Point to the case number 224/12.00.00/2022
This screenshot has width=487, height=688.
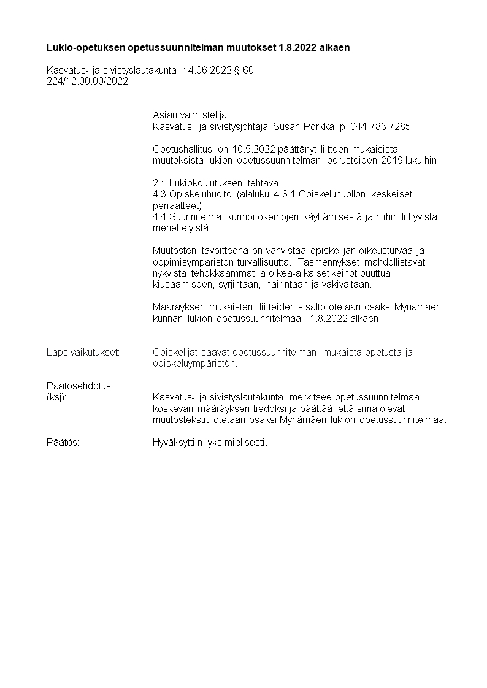87,82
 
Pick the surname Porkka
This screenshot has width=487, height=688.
316,126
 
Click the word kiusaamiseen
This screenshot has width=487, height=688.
180,285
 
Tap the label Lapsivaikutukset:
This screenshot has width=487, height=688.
83,352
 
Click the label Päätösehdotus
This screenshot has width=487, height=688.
79,386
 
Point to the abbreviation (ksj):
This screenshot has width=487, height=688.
57,397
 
